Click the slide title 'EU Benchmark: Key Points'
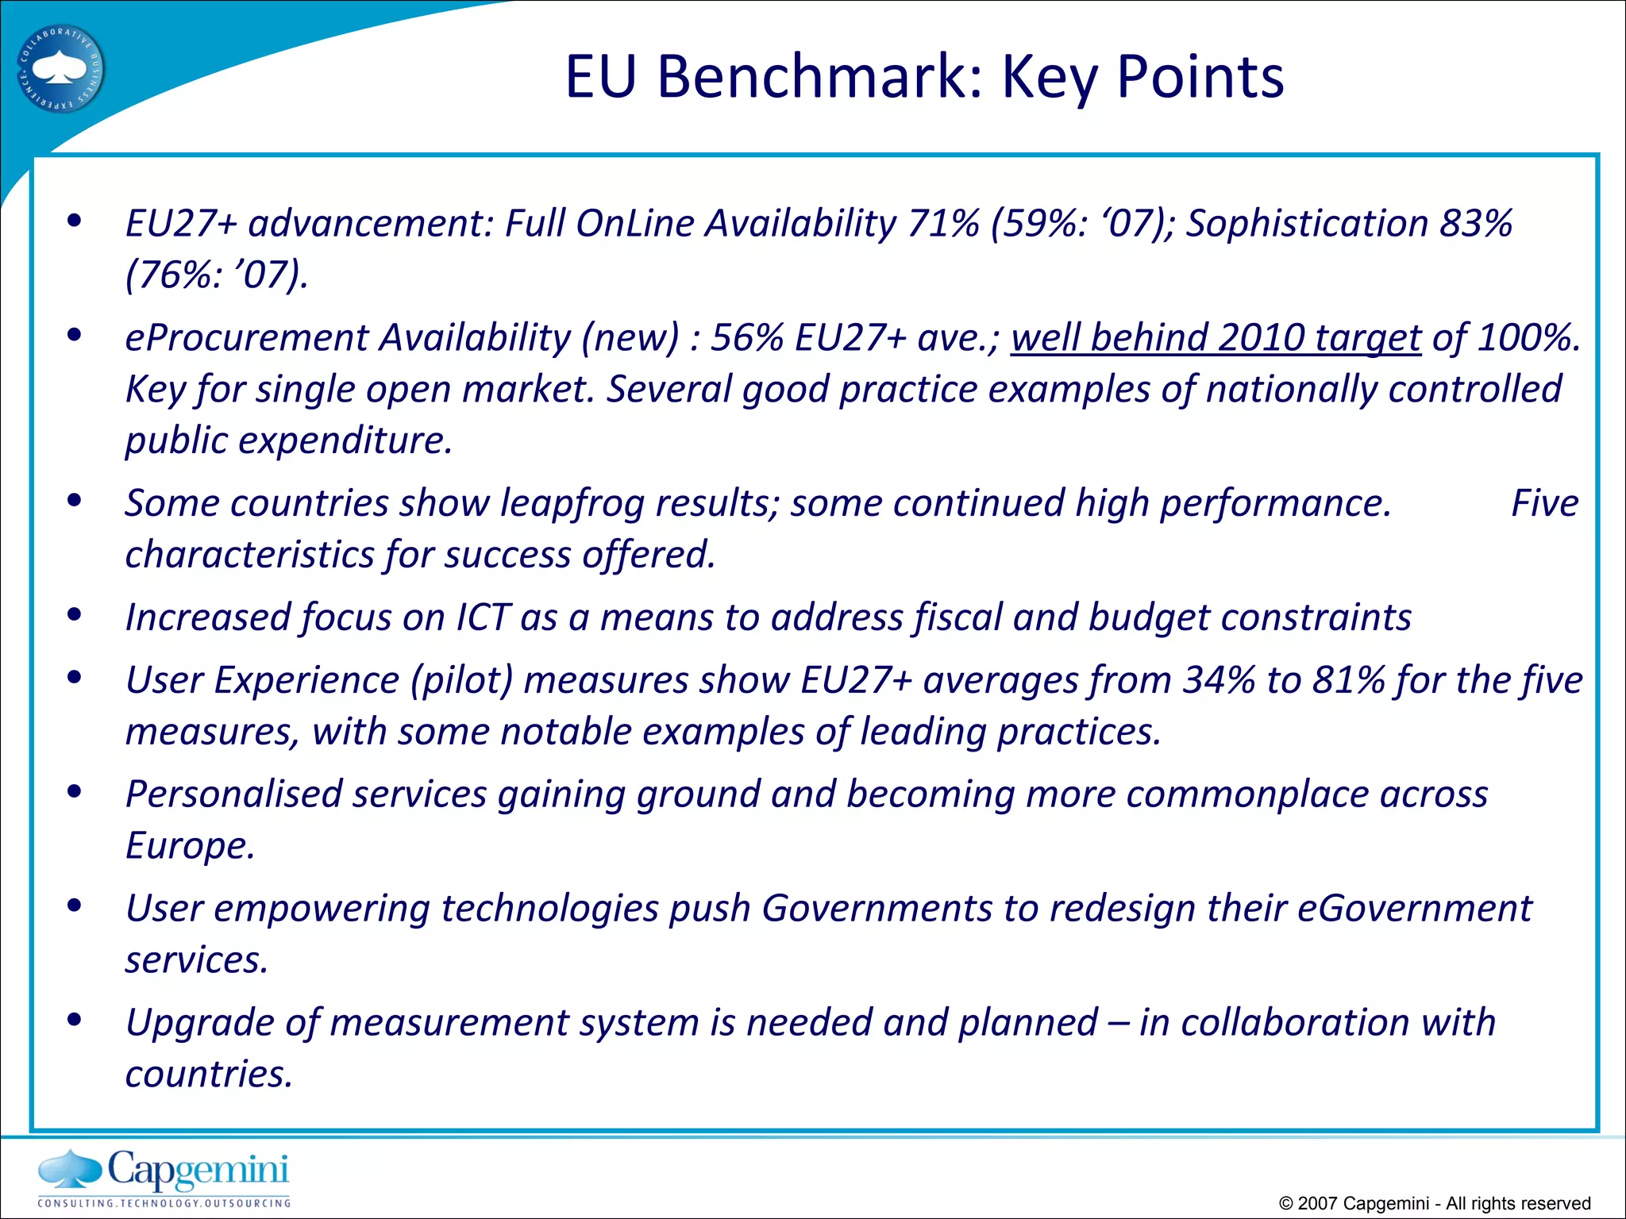click(x=924, y=77)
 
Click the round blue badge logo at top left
click(x=61, y=70)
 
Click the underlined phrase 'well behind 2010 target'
click(x=1215, y=338)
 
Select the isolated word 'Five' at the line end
click(x=1544, y=504)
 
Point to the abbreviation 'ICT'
click(x=482, y=618)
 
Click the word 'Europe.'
click(x=190, y=846)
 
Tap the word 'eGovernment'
click(x=1414, y=909)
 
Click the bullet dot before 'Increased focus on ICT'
click(x=75, y=615)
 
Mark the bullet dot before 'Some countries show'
click(x=75, y=501)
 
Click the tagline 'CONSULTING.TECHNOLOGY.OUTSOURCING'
click(x=164, y=1203)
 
